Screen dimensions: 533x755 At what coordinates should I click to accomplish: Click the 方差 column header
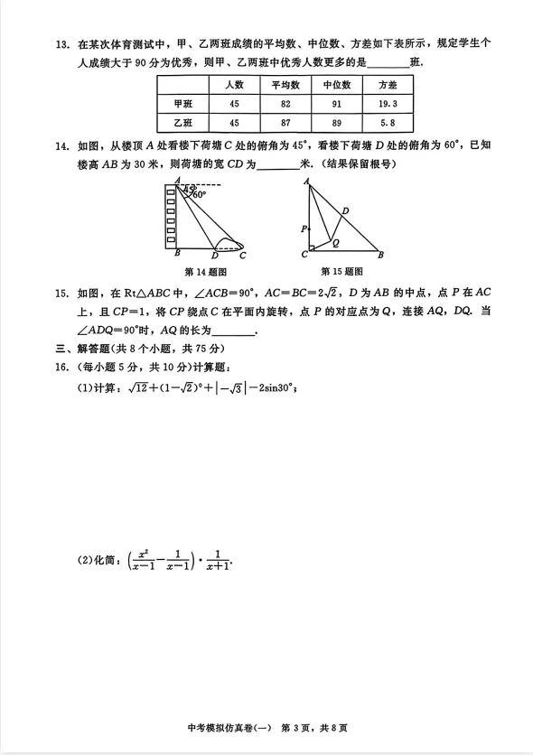coord(388,85)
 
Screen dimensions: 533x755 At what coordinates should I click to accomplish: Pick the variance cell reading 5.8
coord(388,123)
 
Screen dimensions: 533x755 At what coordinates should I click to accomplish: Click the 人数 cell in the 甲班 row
coord(233,104)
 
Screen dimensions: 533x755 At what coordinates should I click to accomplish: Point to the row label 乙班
coord(183,123)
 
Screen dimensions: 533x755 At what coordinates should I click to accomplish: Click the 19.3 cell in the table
coord(388,104)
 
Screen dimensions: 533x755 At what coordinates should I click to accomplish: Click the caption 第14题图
coord(205,271)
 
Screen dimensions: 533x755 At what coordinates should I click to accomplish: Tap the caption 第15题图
coord(341,271)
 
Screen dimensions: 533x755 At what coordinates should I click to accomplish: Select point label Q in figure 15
coord(336,243)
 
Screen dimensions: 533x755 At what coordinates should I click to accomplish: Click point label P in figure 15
coord(304,228)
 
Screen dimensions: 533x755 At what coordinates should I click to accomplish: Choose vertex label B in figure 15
coord(380,255)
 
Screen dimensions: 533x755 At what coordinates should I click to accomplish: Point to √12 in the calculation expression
coord(137,388)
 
